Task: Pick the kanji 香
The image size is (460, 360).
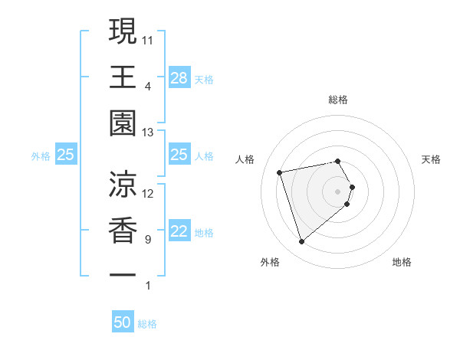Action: coord(123,231)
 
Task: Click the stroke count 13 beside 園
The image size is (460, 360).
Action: coord(148,133)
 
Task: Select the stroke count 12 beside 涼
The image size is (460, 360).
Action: coord(148,193)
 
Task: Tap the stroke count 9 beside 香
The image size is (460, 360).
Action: coord(147,241)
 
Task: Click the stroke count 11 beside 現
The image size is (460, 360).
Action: coord(148,39)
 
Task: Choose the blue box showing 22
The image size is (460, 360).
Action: coord(179,232)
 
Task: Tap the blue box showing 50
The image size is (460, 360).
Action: coord(123,322)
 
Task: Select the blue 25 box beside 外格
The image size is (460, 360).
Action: coord(66,155)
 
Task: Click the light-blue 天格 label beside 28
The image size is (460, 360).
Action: coord(204,78)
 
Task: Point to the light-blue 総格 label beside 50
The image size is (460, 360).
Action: coord(147,324)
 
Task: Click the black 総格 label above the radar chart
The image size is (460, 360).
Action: coord(338,100)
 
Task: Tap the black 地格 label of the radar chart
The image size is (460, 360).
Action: coord(402,262)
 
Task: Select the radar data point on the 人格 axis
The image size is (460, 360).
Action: coord(280,172)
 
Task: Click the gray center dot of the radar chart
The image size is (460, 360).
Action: coord(338,191)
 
